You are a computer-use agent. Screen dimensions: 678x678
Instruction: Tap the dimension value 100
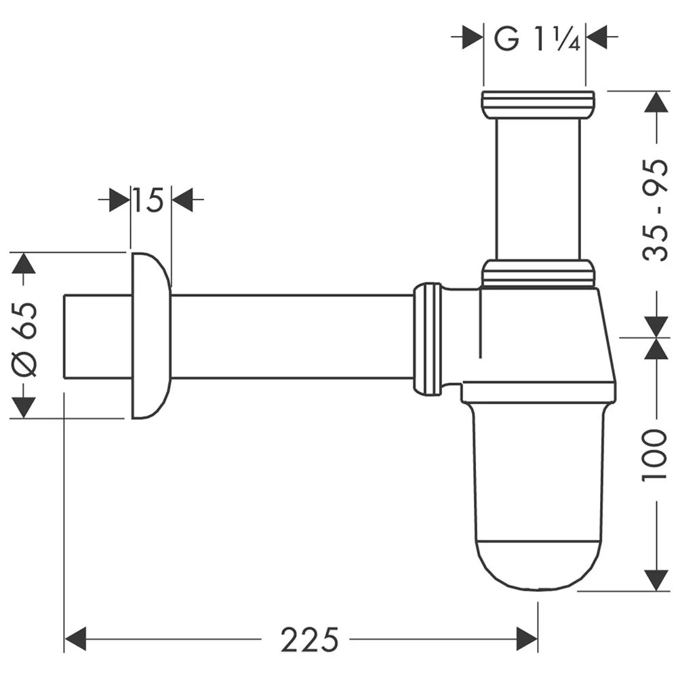[x=655, y=454]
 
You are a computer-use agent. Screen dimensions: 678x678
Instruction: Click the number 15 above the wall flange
[x=148, y=200]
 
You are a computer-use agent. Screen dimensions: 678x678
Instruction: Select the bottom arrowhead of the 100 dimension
[x=655, y=580]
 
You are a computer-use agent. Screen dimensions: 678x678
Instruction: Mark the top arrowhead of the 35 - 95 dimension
[x=655, y=102]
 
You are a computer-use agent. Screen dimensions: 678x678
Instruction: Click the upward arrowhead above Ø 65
[x=24, y=263]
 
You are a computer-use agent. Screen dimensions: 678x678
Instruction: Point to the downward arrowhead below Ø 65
[x=24, y=407]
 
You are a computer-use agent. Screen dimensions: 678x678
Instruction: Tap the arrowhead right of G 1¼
[x=597, y=38]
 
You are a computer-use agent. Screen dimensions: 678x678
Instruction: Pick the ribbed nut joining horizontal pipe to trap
[x=427, y=339]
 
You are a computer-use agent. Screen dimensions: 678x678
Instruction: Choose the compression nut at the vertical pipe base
[x=538, y=273]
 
